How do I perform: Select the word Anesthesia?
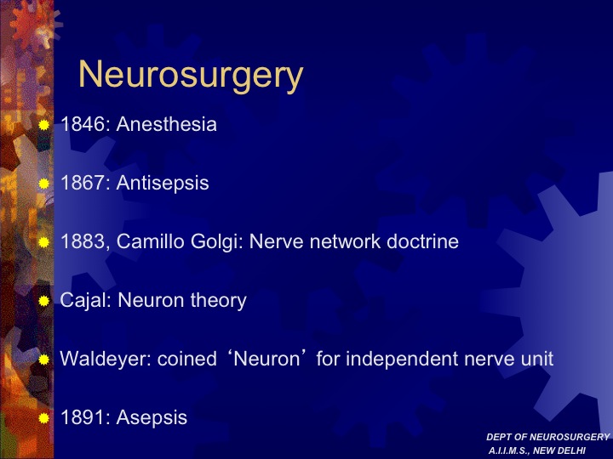(167, 124)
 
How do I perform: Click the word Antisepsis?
(163, 183)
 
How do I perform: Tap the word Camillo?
(151, 241)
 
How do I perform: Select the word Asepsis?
(152, 417)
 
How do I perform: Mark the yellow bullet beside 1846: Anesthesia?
(43, 125)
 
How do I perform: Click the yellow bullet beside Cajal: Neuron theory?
(43, 301)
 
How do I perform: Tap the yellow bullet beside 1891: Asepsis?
(43, 418)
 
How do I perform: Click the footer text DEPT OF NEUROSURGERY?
(548, 437)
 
